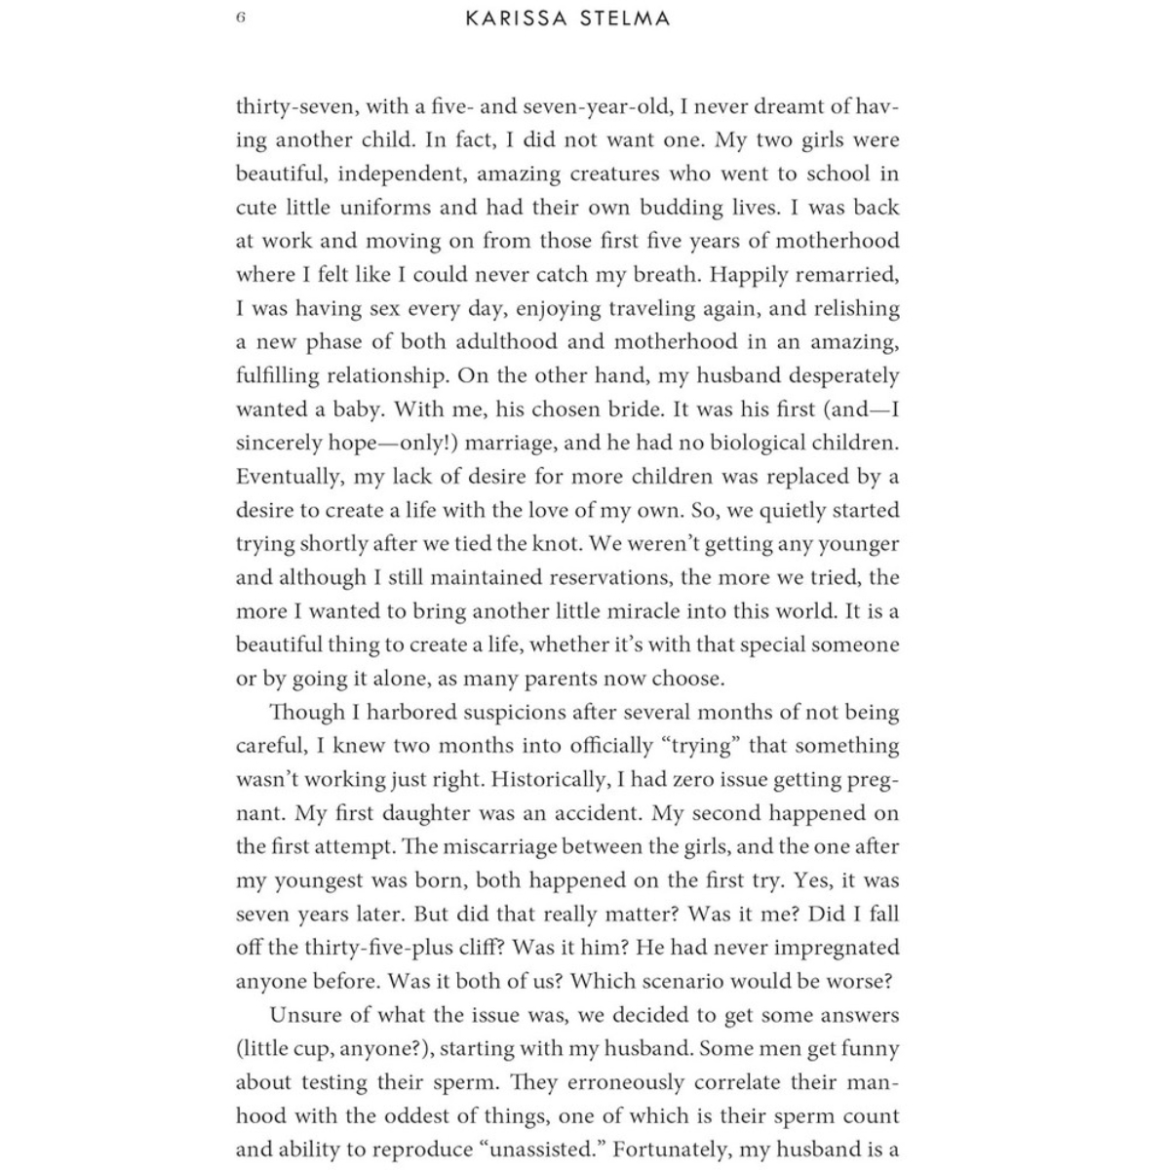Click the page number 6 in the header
tap(241, 19)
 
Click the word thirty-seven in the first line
tap(294, 106)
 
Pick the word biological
tap(755, 443)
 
